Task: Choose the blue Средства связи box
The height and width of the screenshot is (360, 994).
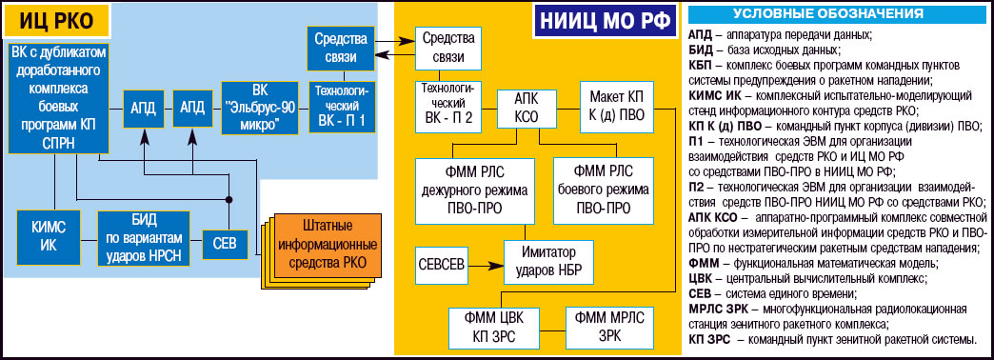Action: [x=333, y=49]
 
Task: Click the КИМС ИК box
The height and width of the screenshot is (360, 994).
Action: [x=49, y=238]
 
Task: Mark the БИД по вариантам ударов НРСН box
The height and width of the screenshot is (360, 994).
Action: [x=142, y=237]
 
